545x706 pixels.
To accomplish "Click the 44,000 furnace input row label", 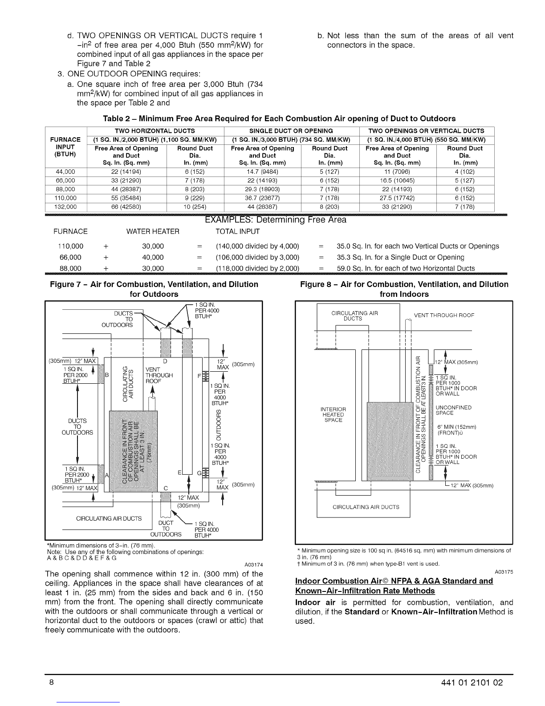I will [65, 172].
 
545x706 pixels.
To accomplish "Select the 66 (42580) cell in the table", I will [126, 207].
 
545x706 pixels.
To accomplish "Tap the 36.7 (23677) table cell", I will [262, 198].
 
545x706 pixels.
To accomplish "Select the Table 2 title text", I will [279, 119].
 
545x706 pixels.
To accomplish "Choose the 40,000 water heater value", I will [153, 257].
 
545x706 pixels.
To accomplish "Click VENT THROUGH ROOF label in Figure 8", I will [444, 316].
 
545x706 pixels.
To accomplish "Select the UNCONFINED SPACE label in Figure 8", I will [453, 410].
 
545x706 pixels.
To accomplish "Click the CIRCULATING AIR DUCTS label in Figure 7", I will [109, 518].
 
